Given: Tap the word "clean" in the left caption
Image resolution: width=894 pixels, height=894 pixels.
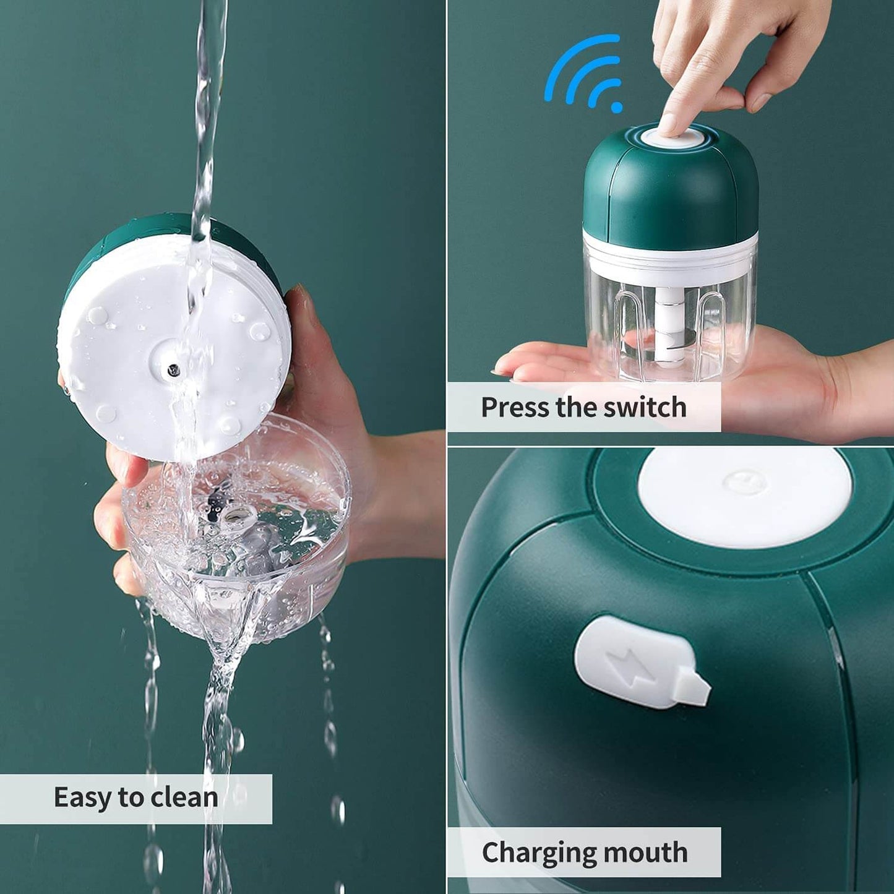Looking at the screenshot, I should click(x=184, y=798).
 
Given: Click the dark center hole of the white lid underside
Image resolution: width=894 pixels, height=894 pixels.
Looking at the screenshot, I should click(x=173, y=371).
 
